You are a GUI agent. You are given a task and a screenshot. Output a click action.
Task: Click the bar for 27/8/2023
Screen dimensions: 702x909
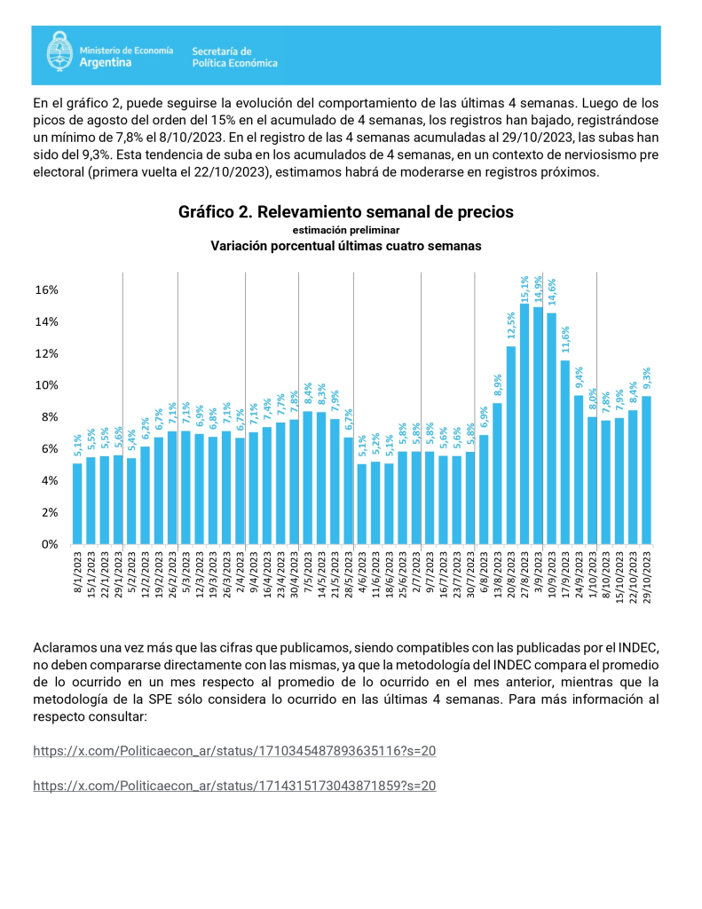(x=524, y=423)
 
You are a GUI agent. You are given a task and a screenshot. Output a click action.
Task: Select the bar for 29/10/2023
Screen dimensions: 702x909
(x=646, y=470)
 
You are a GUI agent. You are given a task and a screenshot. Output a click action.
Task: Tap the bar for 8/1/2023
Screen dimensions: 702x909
(x=77, y=504)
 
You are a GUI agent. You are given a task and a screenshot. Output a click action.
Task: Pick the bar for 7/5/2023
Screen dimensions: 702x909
(x=307, y=478)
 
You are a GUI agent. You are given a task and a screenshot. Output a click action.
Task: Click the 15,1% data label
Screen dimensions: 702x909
(x=525, y=289)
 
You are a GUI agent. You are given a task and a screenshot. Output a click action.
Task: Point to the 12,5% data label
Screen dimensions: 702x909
(x=510, y=325)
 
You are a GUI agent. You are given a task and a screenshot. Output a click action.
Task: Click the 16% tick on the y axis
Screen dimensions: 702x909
(x=46, y=290)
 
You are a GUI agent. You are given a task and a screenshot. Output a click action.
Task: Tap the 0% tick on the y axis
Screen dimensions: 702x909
(x=50, y=544)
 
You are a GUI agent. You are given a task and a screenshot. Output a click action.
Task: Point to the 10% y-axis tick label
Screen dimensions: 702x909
(x=46, y=385)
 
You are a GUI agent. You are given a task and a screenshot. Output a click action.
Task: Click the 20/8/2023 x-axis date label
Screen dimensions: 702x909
(x=510, y=577)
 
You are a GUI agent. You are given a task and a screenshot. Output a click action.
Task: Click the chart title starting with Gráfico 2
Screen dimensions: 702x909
(x=345, y=212)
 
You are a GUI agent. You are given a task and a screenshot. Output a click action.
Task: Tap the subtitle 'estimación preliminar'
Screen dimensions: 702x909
(x=346, y=230)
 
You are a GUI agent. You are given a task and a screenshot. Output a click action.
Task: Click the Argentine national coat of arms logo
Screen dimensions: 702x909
(x=59, y=51)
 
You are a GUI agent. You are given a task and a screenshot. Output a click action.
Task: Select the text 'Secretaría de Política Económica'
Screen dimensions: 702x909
(x=235, y=58)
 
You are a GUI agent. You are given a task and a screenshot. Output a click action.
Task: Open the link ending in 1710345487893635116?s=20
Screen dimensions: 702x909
(x=234, y=751)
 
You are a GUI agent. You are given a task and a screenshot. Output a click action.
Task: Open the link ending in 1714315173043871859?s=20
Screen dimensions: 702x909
(x=234, y=786)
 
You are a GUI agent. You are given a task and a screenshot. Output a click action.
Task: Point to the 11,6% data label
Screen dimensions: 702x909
(x=565, y=339)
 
